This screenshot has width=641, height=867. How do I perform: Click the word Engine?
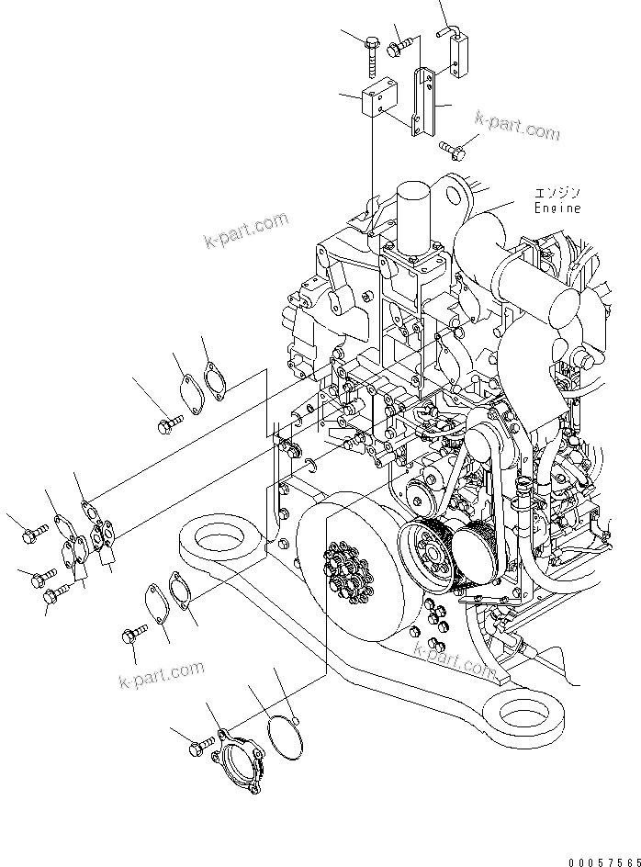pos(557,208)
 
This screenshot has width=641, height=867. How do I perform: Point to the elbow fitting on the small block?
pos(452,35)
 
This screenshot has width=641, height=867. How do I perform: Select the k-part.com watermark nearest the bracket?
pos(517,127)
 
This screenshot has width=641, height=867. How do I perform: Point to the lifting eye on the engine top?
pos(452,194)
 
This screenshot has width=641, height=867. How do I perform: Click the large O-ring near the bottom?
pos(284,738)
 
